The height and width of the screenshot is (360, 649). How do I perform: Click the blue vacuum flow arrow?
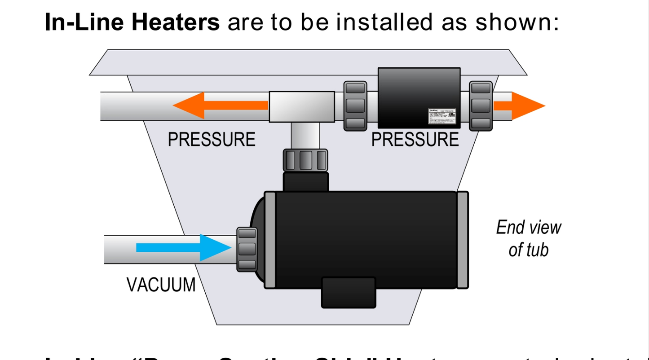click(184, 247)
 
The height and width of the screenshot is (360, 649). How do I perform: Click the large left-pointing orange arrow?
click(220, 105)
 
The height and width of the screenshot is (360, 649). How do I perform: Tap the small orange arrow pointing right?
click(519, 106)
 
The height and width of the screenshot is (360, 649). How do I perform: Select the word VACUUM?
click(161, 285)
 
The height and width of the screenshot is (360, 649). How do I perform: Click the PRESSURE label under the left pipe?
click(211, 139)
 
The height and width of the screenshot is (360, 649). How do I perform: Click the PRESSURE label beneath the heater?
click(415, 140)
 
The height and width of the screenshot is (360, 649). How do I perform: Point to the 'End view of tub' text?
click(528, 238)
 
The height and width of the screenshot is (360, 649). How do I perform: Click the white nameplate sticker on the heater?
click(443, 116)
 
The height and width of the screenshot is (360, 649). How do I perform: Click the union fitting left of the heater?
click(355, 106)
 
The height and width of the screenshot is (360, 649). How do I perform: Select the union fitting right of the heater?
click(481, 106)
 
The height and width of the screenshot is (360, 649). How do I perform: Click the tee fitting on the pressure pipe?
click(302, 107)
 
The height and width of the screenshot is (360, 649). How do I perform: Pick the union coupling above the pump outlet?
click(305, 160)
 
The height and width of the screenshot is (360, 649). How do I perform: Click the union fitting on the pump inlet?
click(247, 249)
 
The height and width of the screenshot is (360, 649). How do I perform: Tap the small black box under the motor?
click(349, 292)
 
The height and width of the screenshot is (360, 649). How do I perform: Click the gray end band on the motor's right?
click(462, 240)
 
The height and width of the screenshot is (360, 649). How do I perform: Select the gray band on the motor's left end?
click(269, 240)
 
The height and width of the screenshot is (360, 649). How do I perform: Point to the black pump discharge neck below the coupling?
click(306, 182)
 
